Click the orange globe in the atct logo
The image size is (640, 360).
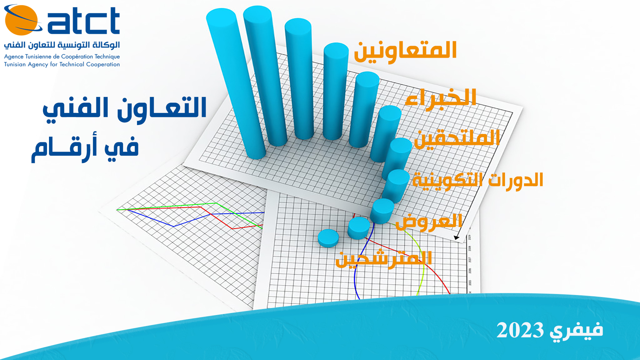pos(21,20)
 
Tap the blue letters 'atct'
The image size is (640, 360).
pos(84,21)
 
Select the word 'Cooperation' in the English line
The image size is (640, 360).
pos(103,64)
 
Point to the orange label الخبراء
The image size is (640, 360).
pos(441,98)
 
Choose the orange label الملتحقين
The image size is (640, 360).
pos(457,138)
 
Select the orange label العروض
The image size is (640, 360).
pos(429,221)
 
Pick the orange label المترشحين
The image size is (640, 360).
pos(384,259)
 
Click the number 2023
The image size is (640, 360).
pos(520,330)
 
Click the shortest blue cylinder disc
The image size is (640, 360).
pos(328,238)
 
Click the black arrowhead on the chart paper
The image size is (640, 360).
pos(457,238)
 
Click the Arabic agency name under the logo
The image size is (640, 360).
pos(62,45)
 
